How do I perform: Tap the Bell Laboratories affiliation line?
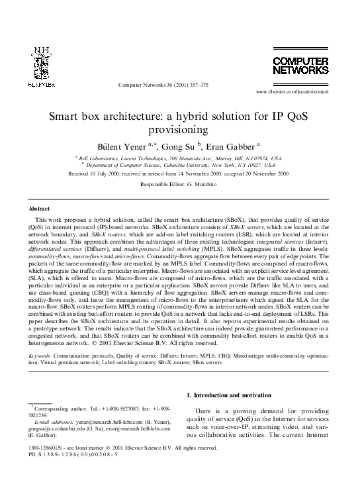(x=180, y=159)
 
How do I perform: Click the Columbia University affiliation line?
(x=180, y=166)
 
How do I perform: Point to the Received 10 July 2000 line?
(x=180, y=174)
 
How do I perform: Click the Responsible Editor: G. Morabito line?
(x=180, y=184)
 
